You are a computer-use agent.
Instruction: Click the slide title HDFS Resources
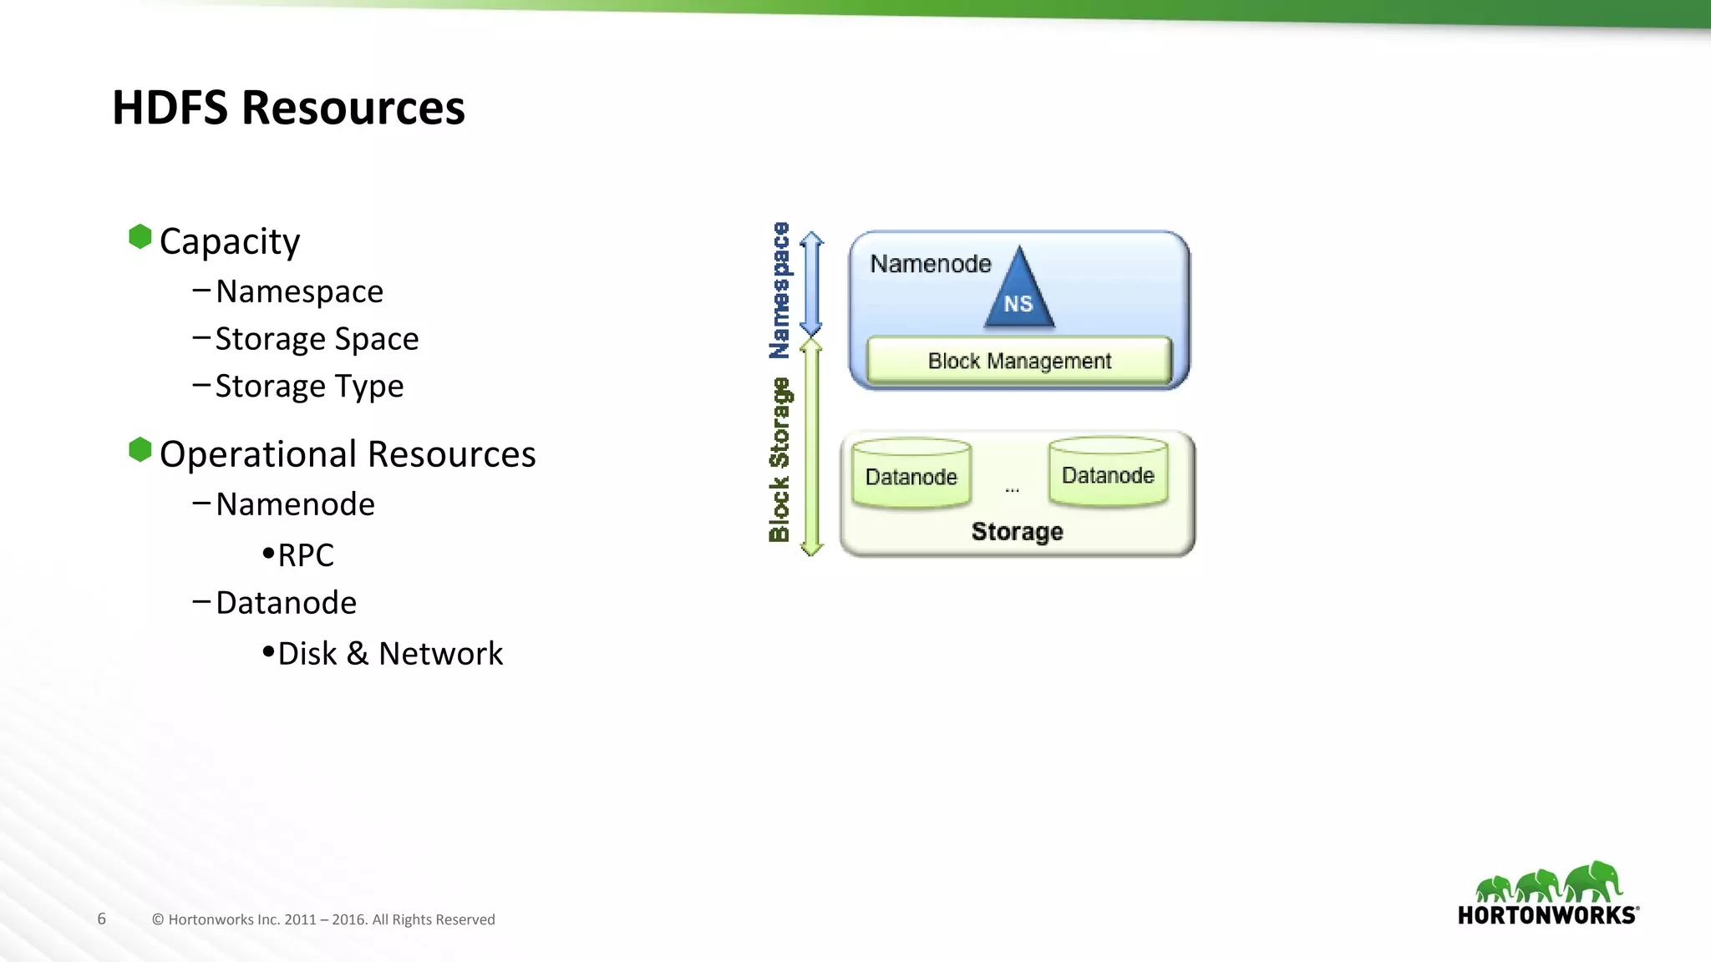click(x=288, y=108)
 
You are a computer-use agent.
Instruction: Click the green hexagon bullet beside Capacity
click(x=140, y=237)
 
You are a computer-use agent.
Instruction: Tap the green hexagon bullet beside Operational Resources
click(x=140, y=450)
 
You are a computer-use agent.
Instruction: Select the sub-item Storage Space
click(x=317, y=339)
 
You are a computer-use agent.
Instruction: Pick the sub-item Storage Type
click(x=309, y=387)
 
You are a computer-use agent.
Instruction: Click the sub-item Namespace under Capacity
click(x=299, y=291)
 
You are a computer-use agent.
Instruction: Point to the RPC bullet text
click(x=305, y=555)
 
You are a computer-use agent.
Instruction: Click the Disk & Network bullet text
click(x=390, y=654)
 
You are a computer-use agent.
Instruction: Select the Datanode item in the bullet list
click(x=286, y=603)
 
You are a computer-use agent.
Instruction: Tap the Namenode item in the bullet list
click(x=295, y=504)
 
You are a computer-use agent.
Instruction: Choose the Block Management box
click(x=1019, y=361)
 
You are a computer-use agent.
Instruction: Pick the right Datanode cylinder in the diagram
click(x=1108, y=473)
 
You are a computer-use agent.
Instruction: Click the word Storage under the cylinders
click(x=1017, y=532)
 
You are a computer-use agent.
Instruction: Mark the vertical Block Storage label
click(x=779, y=459)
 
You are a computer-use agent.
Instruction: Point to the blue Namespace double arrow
click(x=811, y=284)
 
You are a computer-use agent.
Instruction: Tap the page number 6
click(x=102, y=919)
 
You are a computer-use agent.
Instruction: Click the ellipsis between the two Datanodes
click(x=1012, y=489)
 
